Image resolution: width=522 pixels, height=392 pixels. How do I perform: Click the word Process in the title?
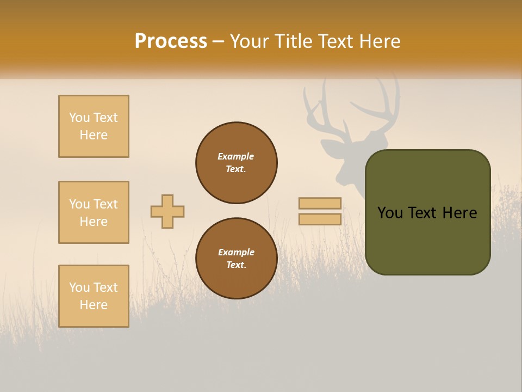[171, 41]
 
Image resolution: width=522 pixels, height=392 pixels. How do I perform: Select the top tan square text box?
[94, 126]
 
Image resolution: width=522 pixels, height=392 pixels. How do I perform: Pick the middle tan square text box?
[94, 212]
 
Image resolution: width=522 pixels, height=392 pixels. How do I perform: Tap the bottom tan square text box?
[94, 296]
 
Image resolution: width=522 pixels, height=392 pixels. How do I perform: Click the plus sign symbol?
[167, 211]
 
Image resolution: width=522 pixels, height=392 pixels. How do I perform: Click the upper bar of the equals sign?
[320, 204]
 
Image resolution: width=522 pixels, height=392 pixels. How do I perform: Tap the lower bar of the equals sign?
[320, 219]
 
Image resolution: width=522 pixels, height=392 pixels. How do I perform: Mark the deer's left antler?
[318, 112]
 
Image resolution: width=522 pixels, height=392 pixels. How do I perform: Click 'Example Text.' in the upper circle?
[236, 163]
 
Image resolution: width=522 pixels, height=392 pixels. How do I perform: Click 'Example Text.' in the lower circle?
[236, 259]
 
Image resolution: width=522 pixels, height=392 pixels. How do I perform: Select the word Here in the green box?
[459, 213]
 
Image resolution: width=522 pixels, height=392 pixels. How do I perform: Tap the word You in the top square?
[79, 118]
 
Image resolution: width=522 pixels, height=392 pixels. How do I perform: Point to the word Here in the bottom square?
[94, 305]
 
